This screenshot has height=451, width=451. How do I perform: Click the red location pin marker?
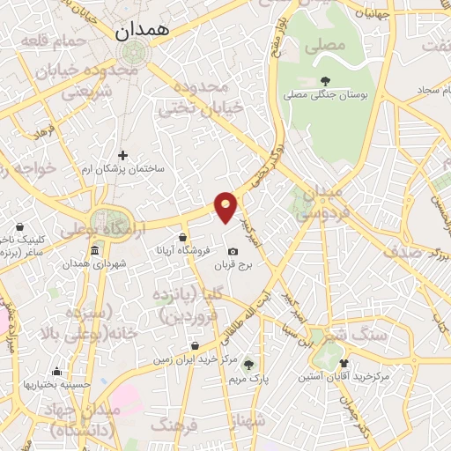pyautogui.click(x=226, y=207)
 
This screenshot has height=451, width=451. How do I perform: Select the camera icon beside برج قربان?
pyautogui.click(x=233, y=251)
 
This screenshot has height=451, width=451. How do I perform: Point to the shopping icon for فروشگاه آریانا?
pyautogui.click(x=182, y=237)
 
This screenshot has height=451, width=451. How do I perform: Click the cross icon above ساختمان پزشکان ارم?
pyautogui.click(x=122, y=155)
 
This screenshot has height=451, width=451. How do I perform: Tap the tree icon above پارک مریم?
pyautogui.click(x=248, y=364)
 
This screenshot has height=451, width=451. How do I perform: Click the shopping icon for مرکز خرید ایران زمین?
pyautogui.click(x=195, y=345)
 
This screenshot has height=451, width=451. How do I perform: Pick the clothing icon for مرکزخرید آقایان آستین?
pyautogui.click(x=343, y=362)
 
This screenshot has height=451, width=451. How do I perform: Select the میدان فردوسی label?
pyautogui.click(x=314, y=203)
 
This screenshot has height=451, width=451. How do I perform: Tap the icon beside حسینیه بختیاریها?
pyautogui.click(x=56, y=372)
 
